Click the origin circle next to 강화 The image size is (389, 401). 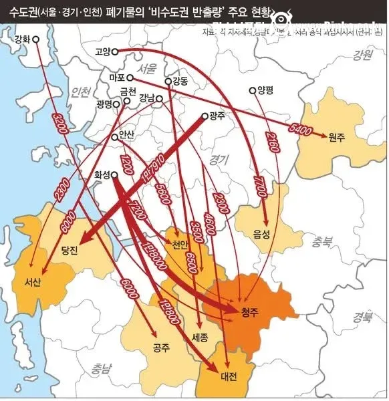(36, 39)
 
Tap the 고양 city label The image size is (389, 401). (102, 51)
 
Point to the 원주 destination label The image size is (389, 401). (336, 137)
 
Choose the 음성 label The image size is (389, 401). (262, 234)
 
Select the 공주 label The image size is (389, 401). (161, 348)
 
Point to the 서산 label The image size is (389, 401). (32, 281)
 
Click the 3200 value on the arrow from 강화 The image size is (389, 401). (59, 126)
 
